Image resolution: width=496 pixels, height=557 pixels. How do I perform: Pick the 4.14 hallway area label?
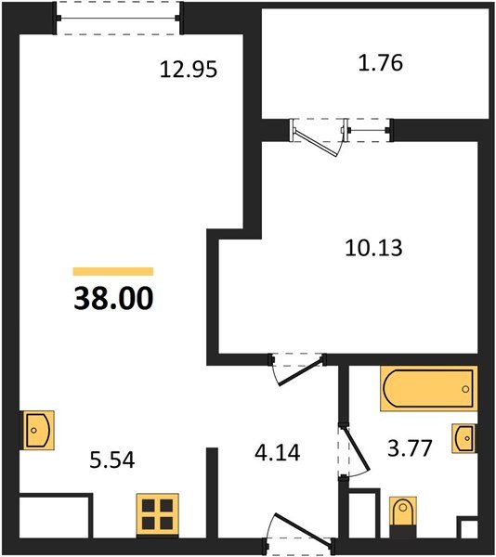tap(276, 455)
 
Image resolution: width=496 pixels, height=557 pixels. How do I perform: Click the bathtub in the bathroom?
tap(427, 388)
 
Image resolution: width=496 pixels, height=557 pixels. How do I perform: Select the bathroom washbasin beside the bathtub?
tap(465, 437)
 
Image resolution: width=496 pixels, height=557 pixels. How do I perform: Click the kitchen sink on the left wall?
tap(36, 430)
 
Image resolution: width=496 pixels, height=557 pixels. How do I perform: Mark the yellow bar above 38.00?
tap(112, 271)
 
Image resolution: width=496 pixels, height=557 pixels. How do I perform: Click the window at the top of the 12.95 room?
tap(118, 18)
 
